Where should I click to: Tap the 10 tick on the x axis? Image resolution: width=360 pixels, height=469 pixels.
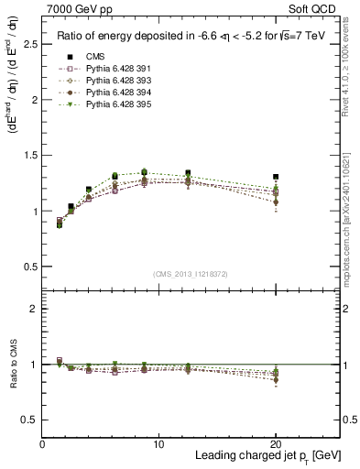click(x=158, y=444)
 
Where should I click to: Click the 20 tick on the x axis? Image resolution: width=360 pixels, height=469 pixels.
click(x=276, y=444)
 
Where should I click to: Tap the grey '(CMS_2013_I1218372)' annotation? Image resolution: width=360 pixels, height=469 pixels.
click(x=191, y=274)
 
